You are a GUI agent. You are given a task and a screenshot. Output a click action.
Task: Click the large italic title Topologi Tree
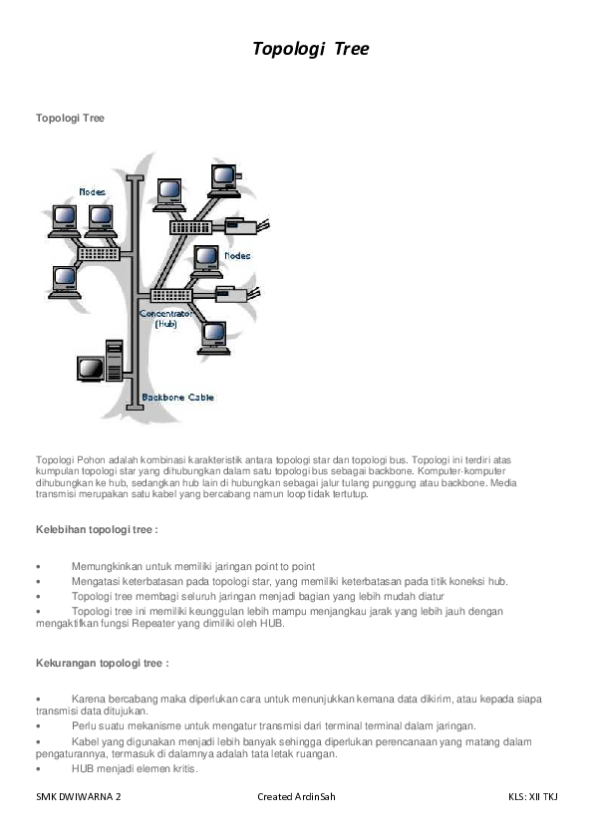point(310,49)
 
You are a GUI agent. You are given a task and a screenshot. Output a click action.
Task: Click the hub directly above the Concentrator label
point(170,295)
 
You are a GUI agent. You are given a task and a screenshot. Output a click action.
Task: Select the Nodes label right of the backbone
point(237,256)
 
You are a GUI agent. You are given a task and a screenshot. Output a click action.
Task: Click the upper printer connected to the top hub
point(240,225)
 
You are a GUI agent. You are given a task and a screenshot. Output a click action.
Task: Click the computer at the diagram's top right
point(224,176)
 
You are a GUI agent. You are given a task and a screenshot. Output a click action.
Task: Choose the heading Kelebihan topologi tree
point(97,530)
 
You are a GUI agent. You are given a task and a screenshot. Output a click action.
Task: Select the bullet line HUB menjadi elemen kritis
point(134,769)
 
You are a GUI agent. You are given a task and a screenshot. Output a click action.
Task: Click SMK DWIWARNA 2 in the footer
point(79,797)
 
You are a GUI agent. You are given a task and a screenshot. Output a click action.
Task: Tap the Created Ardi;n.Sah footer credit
point(296,797)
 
